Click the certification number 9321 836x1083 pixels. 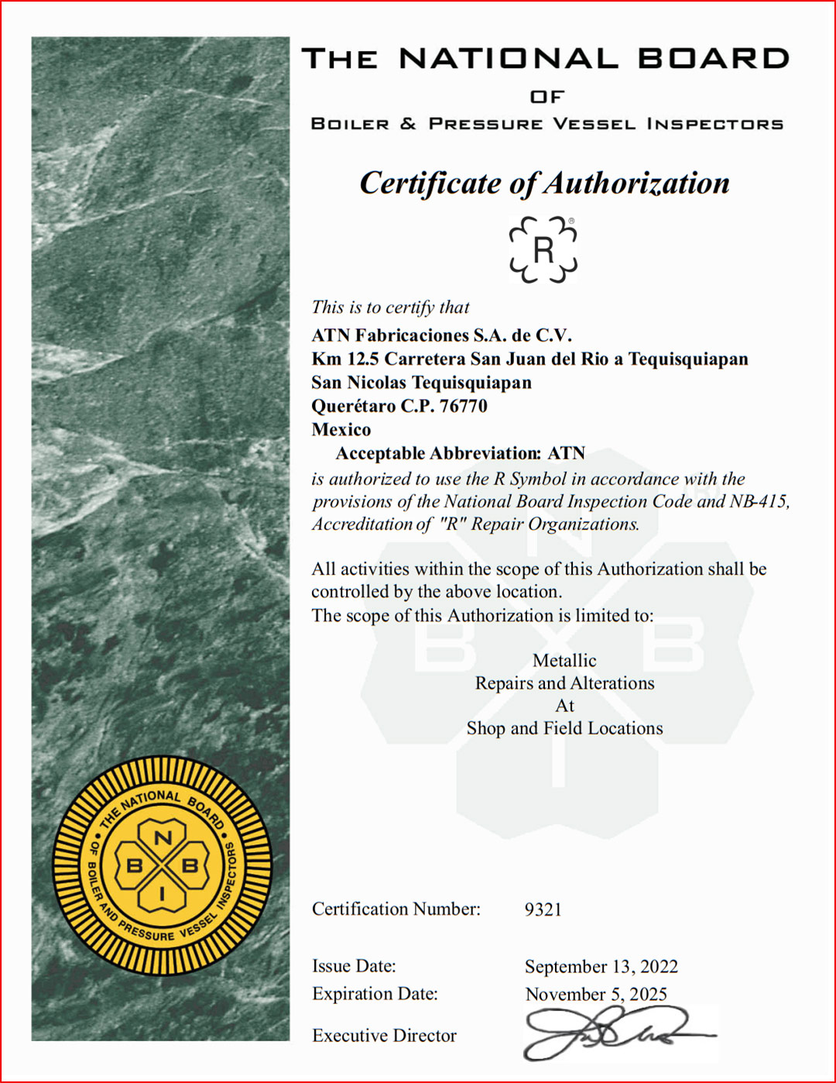tap(543, 909)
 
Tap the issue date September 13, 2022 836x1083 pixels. tap(601, 967)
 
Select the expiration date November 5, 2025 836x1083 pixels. tap(596, 994)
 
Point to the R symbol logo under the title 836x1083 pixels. tap(543, 249)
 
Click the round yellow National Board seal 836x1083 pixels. tap(163, 865)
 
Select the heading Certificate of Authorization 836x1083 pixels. tap(544, 184)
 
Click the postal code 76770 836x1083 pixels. tap(464, 406)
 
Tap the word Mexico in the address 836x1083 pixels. tap(341, 429)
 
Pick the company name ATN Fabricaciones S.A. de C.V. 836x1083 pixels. tap(441, 335)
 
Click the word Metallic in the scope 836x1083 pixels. tap(564, 661)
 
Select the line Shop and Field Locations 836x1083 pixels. tap(564, 728)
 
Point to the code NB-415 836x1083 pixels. tap(759, 501)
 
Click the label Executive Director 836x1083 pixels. tap(384, 1036)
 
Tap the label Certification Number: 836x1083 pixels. tap(396, 909)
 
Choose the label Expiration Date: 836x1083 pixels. tap(375, 994)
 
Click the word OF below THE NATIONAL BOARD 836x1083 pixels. tap(547, 97)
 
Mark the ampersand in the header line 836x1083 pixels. tap(408, 124)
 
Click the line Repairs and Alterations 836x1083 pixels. tap(564, 683)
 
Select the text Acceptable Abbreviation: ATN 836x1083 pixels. tap(460, 453)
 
